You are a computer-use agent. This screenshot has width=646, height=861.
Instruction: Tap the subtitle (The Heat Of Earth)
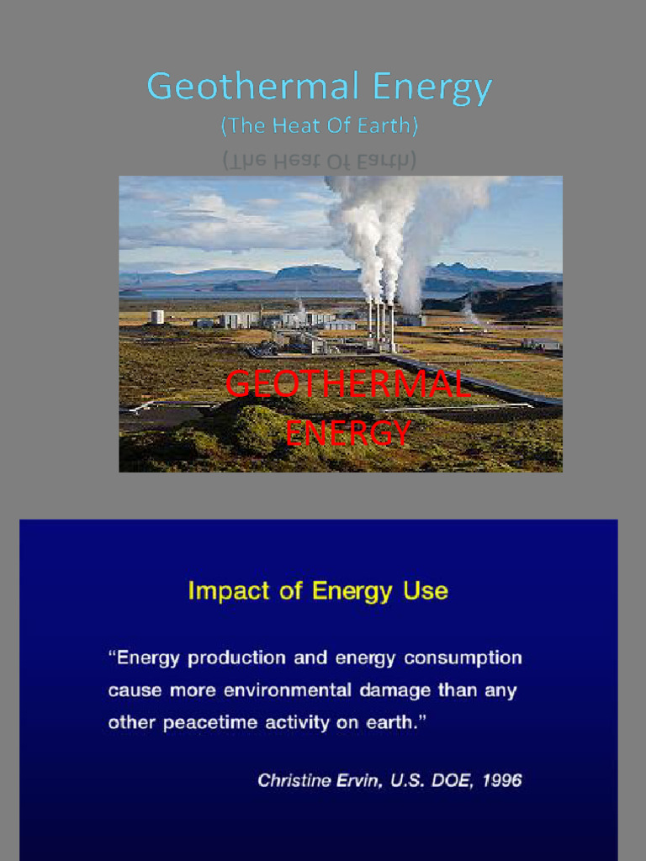(x=320, y=126)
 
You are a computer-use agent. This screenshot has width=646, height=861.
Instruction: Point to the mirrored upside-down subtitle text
(x=320, y=160)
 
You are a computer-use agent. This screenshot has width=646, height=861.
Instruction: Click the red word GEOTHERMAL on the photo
(x=347, y=385)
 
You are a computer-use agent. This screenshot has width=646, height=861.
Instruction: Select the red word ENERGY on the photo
(x=347, y=434)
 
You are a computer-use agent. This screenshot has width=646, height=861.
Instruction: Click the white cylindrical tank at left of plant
(x=157, y=317)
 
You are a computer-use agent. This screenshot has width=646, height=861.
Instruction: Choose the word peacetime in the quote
(x=210, y=723)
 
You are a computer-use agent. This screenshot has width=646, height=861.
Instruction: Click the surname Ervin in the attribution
(x=353, y=780)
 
